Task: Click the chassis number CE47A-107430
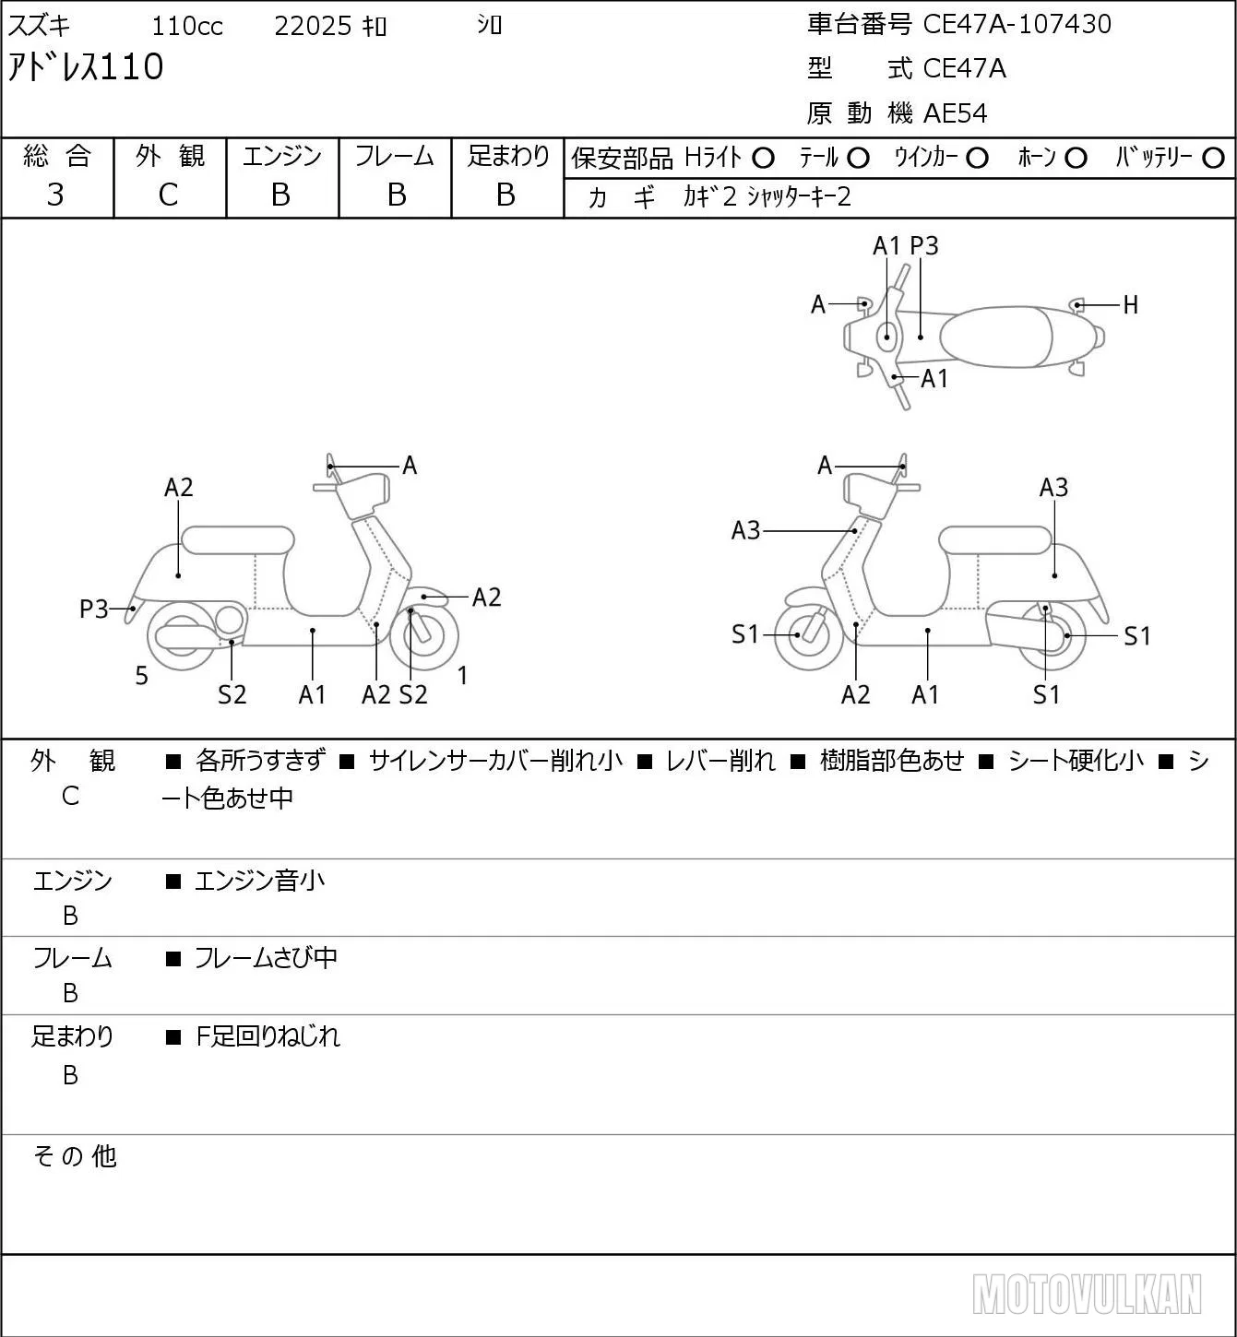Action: [1017, 24]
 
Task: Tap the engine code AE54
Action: [956, 113]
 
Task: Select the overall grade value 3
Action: [55, 195]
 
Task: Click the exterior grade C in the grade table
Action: [169, 195]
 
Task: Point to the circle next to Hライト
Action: [763, 159]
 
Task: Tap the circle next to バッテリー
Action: [1213, 159]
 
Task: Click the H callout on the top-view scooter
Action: [1131, 305]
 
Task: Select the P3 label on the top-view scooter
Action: [923, 245]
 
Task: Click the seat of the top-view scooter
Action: [996, 337]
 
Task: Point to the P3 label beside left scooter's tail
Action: [94, 609]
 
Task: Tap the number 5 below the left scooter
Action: [141, 675]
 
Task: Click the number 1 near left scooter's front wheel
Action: [462, 675]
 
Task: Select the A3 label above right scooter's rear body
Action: [1053, 488]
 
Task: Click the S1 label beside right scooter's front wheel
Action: [745, 634]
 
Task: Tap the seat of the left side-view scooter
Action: [238, 540]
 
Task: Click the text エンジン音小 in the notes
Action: [259, 881]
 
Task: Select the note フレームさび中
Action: [266, 958]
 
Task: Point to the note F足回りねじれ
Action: [268, 1036]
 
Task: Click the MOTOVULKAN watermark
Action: [1087, 1294]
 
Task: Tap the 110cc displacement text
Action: [187, 26]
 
